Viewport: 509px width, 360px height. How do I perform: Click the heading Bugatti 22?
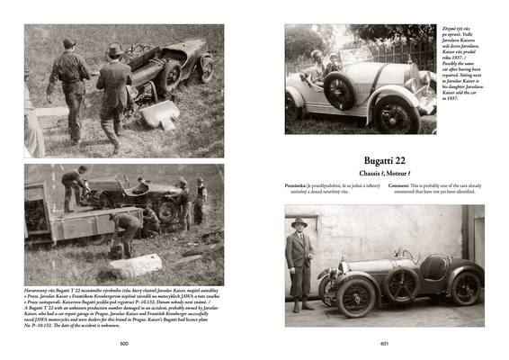point(386,159)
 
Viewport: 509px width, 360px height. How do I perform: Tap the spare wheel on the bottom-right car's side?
point(400,283)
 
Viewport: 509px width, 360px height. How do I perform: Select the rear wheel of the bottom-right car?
point(467,288)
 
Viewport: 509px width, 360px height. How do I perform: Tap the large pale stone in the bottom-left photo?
point(135,265)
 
